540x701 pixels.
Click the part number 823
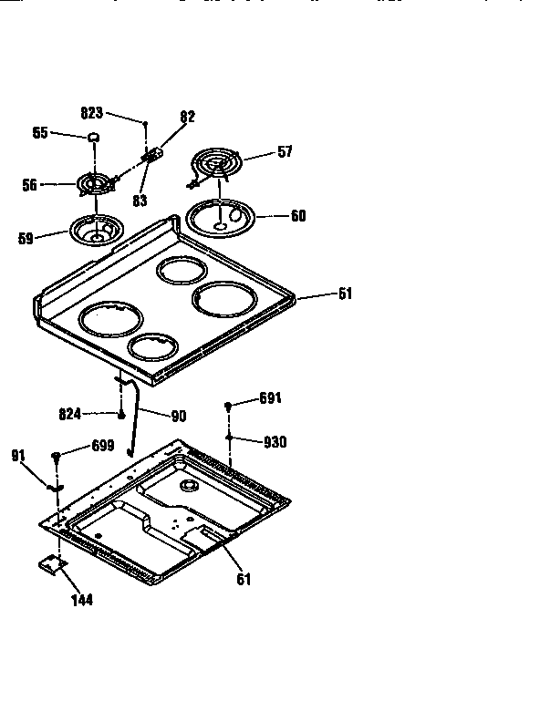[x=92, y=114]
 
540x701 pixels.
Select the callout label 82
[x=187, y=117]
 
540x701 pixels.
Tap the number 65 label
[x=40, y=133]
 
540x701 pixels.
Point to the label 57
[x=285, y=152]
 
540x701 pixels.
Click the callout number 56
[x=29, y=184]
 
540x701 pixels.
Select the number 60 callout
[x=298, y=216]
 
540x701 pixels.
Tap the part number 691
[x=271, y=398]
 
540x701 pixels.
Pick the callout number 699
[x=102, y=446]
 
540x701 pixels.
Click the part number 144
[x=81, y=600]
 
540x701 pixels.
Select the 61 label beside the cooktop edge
[x=345, y=294]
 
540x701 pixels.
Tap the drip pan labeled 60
[x=221, y=217]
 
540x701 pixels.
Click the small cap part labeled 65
[x=92, y=137]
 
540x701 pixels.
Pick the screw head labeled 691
[x=228, y=405]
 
